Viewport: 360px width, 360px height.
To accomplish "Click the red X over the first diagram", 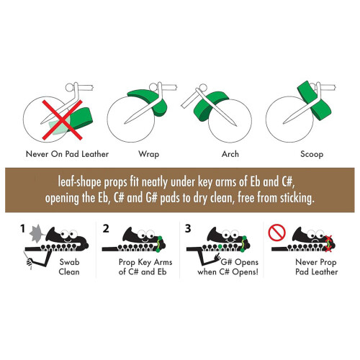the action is click(63, 120).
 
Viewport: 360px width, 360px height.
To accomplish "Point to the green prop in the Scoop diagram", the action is click(315, 101).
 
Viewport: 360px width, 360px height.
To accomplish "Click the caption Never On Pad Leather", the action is click(67, 154).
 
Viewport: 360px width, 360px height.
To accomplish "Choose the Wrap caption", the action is click(149, 154).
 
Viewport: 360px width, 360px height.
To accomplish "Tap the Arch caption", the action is click(230, 154).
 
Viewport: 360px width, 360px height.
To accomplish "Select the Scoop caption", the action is click(312, 154).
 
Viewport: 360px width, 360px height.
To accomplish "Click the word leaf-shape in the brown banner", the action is click(79, 182).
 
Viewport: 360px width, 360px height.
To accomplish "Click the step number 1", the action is click(23, 228).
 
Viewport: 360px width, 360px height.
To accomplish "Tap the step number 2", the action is click(106, 228).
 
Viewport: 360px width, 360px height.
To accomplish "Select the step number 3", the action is click(188, 228).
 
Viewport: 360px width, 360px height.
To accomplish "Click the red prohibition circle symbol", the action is click(277, 233).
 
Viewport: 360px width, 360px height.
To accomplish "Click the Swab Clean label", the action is click(69, 267).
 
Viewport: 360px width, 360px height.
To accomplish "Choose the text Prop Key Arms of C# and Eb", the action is click(145, 267).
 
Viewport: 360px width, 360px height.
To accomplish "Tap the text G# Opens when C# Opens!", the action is click(228, 267).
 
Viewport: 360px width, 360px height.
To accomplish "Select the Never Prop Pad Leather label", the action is click(317, 267).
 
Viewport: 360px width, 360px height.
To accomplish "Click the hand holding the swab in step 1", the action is click(30, 262).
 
